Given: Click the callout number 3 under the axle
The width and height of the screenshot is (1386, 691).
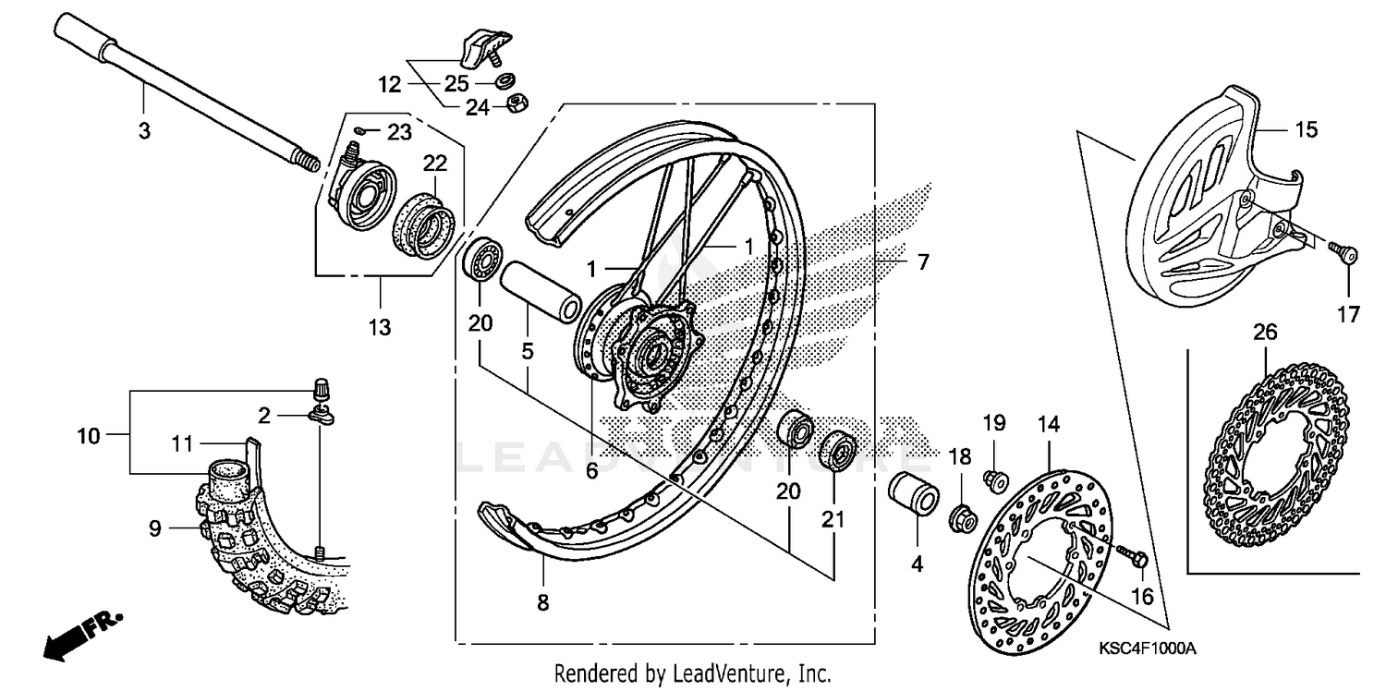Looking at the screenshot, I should (x=144, y=131).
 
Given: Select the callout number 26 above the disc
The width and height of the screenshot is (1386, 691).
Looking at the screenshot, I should (x=1265, y=332).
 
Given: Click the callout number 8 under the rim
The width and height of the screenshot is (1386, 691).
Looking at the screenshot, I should (x=542, y=603).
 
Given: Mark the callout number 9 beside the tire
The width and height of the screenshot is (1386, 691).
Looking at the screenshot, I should (x=154, y=528).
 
